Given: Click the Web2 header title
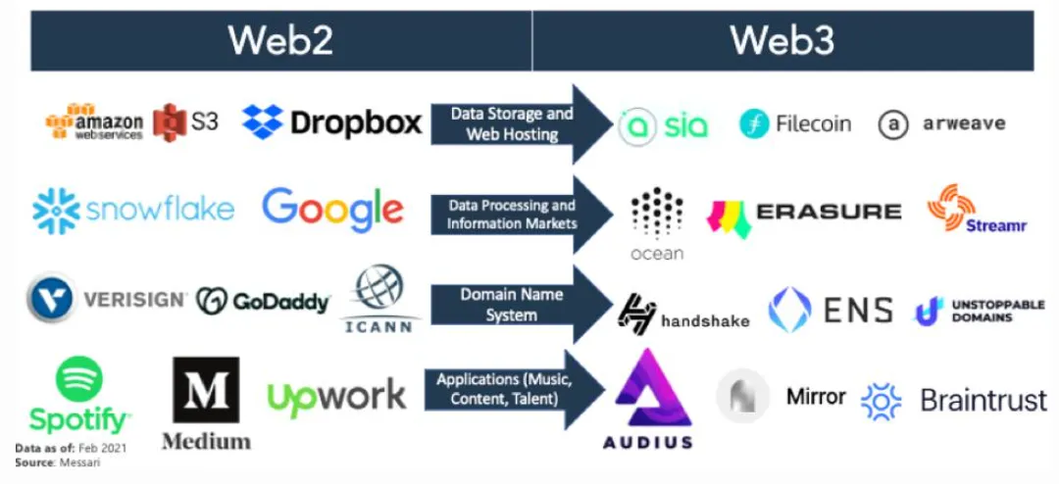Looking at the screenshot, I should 281,40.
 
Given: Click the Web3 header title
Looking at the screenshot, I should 782,40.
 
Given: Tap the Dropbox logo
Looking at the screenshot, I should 331,122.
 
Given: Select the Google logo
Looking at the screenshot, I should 332,209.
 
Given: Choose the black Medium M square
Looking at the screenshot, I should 206,390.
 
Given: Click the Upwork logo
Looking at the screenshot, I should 336,396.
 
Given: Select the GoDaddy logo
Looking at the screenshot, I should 263,301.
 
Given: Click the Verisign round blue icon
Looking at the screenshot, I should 52,300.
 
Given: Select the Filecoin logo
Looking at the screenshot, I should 795,123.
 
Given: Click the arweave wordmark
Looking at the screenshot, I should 963,124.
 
